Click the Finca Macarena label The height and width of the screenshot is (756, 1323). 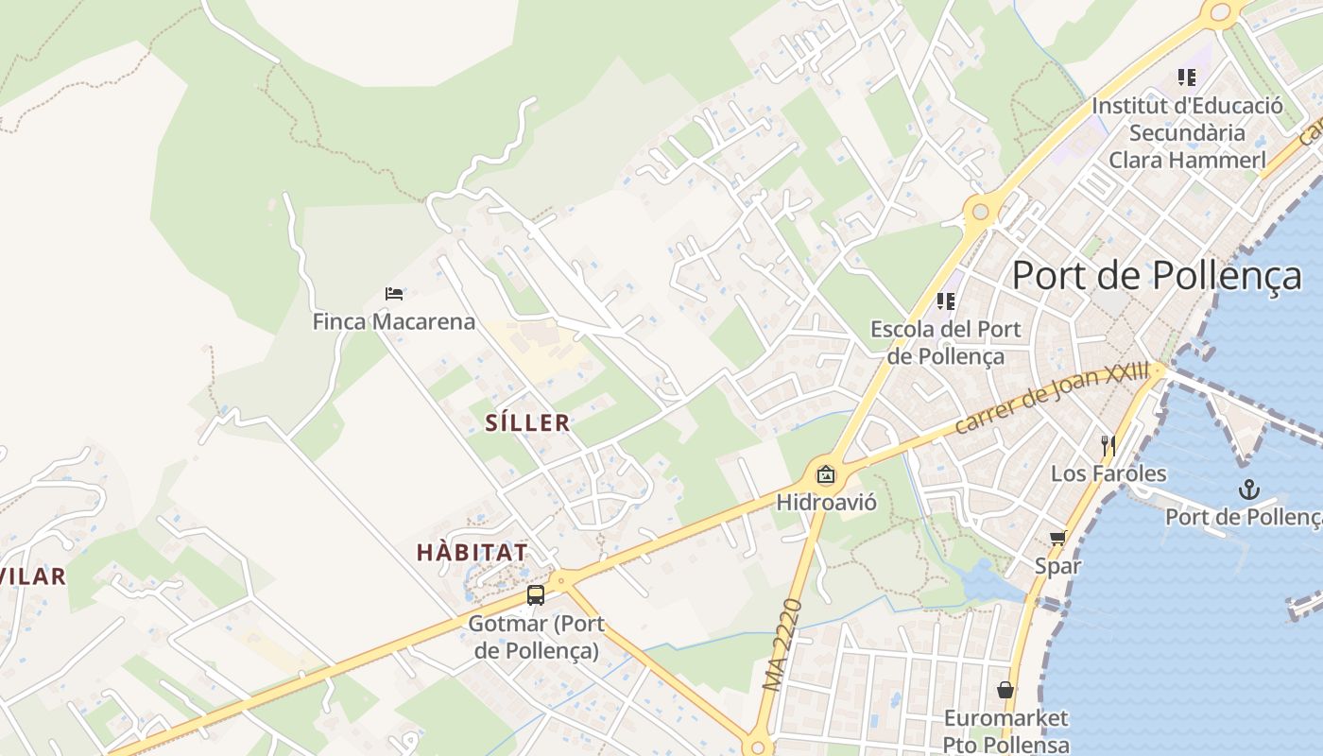394,321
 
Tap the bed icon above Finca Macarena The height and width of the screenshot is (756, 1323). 394,294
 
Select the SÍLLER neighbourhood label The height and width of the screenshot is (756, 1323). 527,422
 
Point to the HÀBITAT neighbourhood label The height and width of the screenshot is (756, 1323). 472,553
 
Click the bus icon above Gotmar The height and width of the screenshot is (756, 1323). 536,595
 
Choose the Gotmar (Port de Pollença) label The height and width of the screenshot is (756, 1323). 537,637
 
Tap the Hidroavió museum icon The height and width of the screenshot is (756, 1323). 826,474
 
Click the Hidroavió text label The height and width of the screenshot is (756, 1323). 826,502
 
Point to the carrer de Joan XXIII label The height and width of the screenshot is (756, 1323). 1051,399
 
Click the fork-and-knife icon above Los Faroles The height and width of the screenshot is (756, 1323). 1108,445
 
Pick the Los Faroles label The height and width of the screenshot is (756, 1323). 1108,473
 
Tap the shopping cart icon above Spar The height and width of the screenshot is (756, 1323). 1057,539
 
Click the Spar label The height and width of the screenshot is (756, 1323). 1057,566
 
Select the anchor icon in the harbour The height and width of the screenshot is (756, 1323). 1249,489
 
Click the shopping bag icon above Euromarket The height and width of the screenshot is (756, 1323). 1005,691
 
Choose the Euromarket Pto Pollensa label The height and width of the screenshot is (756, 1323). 1005,731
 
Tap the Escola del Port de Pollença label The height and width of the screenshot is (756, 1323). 945,342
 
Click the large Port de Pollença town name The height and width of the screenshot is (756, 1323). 1157,275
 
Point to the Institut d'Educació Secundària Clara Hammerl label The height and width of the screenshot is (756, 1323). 1187,132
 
